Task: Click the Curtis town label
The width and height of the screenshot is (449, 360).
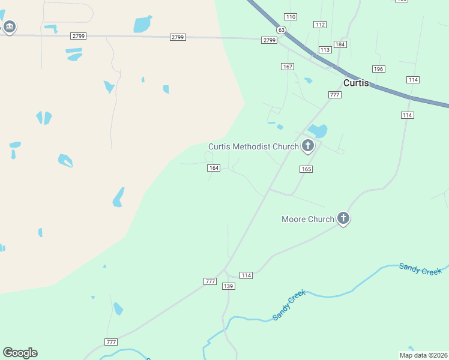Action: click(356, 83)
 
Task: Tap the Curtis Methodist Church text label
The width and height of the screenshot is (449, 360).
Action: click(253, 146)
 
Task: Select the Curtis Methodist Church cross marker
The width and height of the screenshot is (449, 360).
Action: click(308, 145)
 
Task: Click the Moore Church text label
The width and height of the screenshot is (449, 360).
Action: click(307, 219)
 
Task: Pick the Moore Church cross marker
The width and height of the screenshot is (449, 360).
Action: click(343, 218)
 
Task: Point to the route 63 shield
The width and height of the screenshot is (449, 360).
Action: click(281, 29)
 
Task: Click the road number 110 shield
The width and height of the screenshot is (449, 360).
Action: click(291, 16)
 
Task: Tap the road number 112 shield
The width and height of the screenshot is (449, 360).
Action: click(320, 24)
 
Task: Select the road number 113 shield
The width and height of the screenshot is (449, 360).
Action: click(325, 50)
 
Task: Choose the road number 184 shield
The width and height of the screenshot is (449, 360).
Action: click(340, 44)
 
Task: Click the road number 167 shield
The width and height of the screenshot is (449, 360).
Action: click(288, 66)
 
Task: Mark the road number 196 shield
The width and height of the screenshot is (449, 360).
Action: click(378, 69)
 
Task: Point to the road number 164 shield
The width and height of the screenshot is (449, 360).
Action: click(214, 167)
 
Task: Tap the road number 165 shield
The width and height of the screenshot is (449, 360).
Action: click(306, 169)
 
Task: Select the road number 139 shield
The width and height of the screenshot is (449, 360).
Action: click(228, 286)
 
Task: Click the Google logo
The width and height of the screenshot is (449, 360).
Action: click(20, 353)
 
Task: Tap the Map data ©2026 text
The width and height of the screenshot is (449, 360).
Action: click(423, 355)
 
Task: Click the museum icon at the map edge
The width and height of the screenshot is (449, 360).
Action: click(9, 27)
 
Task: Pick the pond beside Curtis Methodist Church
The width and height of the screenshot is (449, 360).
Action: click(318, 130)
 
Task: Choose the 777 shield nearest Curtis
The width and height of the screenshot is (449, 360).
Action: click(335, 95)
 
